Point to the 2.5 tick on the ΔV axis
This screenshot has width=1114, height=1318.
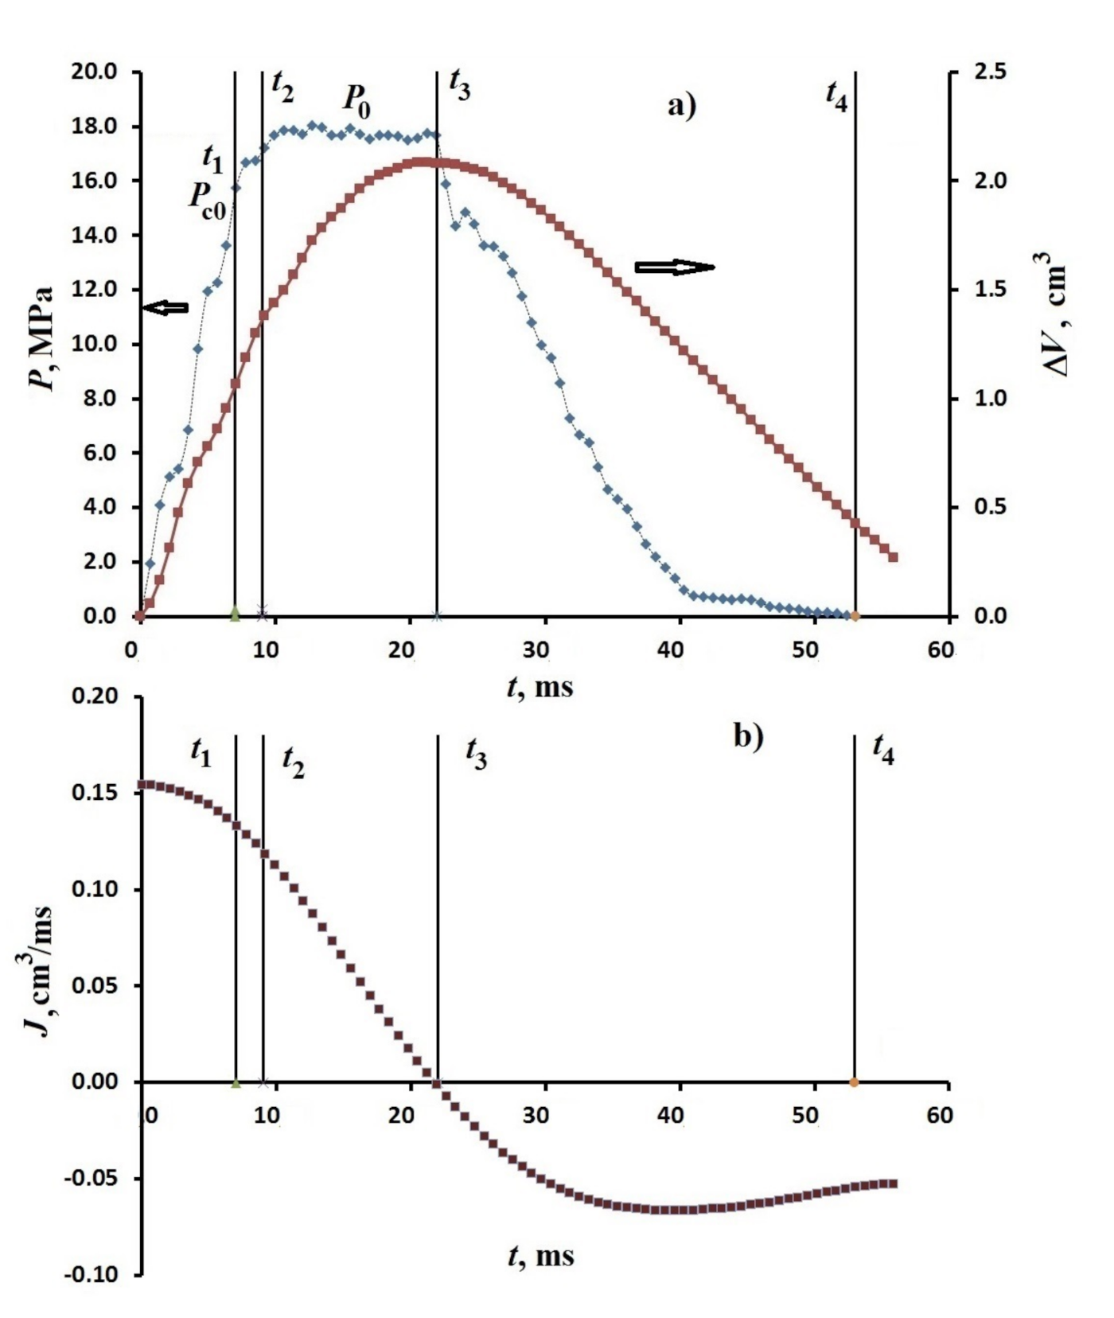990,72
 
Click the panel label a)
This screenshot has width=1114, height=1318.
681,105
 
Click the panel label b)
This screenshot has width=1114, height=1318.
748,737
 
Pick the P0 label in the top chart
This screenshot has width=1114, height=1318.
356,100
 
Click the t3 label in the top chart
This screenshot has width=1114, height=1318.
460,84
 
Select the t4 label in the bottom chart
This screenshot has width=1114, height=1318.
883,748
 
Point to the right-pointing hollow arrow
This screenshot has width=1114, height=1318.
675,267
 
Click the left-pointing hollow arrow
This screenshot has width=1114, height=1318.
166,307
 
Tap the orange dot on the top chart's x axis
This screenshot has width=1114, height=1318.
855,616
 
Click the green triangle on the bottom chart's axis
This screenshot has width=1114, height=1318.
236,1082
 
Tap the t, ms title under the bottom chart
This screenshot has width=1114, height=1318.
540,1255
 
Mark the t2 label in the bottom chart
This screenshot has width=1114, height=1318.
293,762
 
